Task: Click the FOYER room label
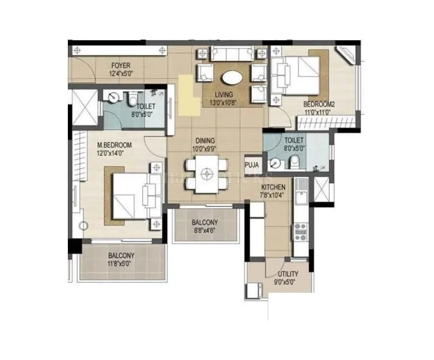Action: coord(120,65)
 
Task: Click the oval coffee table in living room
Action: coord(232,78)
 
